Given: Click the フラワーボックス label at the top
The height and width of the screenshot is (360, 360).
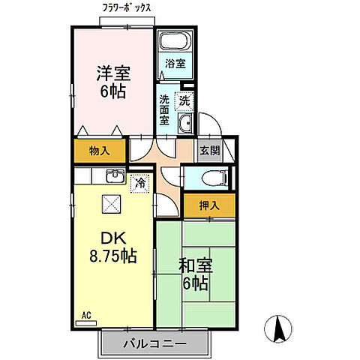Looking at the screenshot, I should (127, 8).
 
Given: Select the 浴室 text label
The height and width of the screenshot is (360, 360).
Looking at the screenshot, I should (174, 64).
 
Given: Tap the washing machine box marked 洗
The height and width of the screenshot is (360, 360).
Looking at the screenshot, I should (183, 99).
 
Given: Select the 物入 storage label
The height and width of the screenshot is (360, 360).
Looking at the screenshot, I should (100, 151).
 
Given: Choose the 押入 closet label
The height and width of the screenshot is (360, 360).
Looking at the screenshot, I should (208, 204).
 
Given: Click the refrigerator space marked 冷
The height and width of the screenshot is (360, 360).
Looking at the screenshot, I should (139, 182).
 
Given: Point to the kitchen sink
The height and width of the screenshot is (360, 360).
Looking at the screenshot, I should (115, 178).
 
